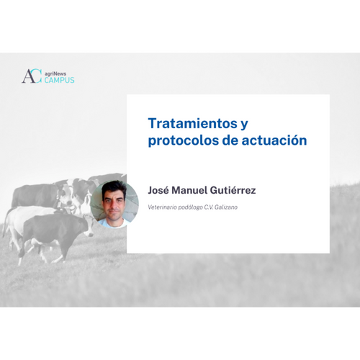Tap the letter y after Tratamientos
pos(244,125)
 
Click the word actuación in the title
pos(274,140)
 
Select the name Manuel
pos(189,190)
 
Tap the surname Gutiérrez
pos(233,190)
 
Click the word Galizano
pos(226,207)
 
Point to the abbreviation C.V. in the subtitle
pos(209,207)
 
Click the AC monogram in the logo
pos(32,76)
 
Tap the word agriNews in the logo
pos(55,74)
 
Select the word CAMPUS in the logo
pos(59,80)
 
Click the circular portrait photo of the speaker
pos(114,204)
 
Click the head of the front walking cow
pos(88,226)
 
